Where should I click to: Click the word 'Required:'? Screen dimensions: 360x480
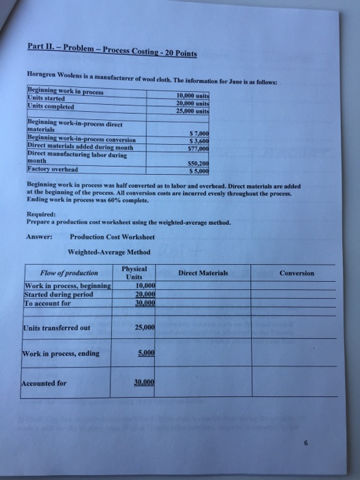click(x=42, y=213)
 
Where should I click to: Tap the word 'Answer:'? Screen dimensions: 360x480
click(x=40, y=237)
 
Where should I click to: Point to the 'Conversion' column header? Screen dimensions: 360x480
click(x=297, y=273)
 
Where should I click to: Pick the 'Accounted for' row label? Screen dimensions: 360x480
click(x=45, y=383)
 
